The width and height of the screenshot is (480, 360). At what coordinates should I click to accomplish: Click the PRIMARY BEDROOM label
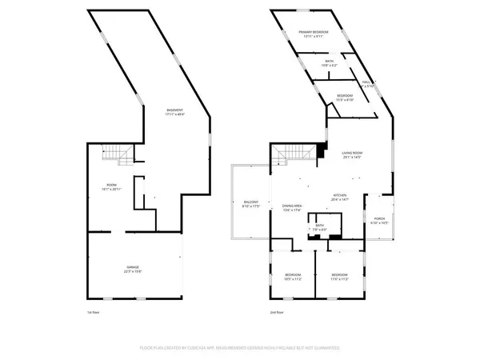pyautogui.click(x=314, y=34)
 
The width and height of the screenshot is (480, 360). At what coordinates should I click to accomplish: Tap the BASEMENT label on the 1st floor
pyautogui.click(x=174, y=111)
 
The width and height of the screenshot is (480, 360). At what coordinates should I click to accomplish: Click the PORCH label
pyautogui.click(x=378, y=220)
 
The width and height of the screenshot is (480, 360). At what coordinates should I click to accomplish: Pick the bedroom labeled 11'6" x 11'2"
pyautogui.click(x=341, y=276)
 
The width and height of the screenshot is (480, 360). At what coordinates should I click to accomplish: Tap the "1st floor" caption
pyautogui.click(x=94, y=312)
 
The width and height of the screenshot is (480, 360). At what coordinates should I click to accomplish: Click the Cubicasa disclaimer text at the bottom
pyautogui.click(x=240, y=348)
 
